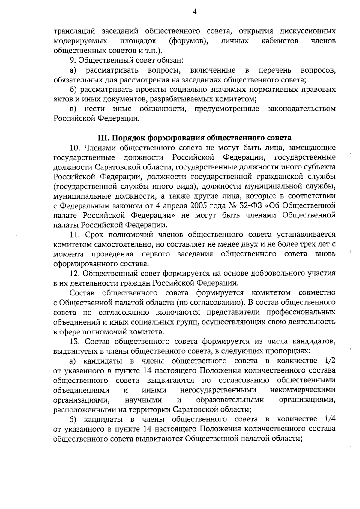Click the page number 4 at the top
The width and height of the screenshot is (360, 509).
click(194, 12)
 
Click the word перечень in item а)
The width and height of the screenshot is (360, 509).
click(274, 70)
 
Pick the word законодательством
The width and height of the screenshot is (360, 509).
click(301, 109)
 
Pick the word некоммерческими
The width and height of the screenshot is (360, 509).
click(303, 390)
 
